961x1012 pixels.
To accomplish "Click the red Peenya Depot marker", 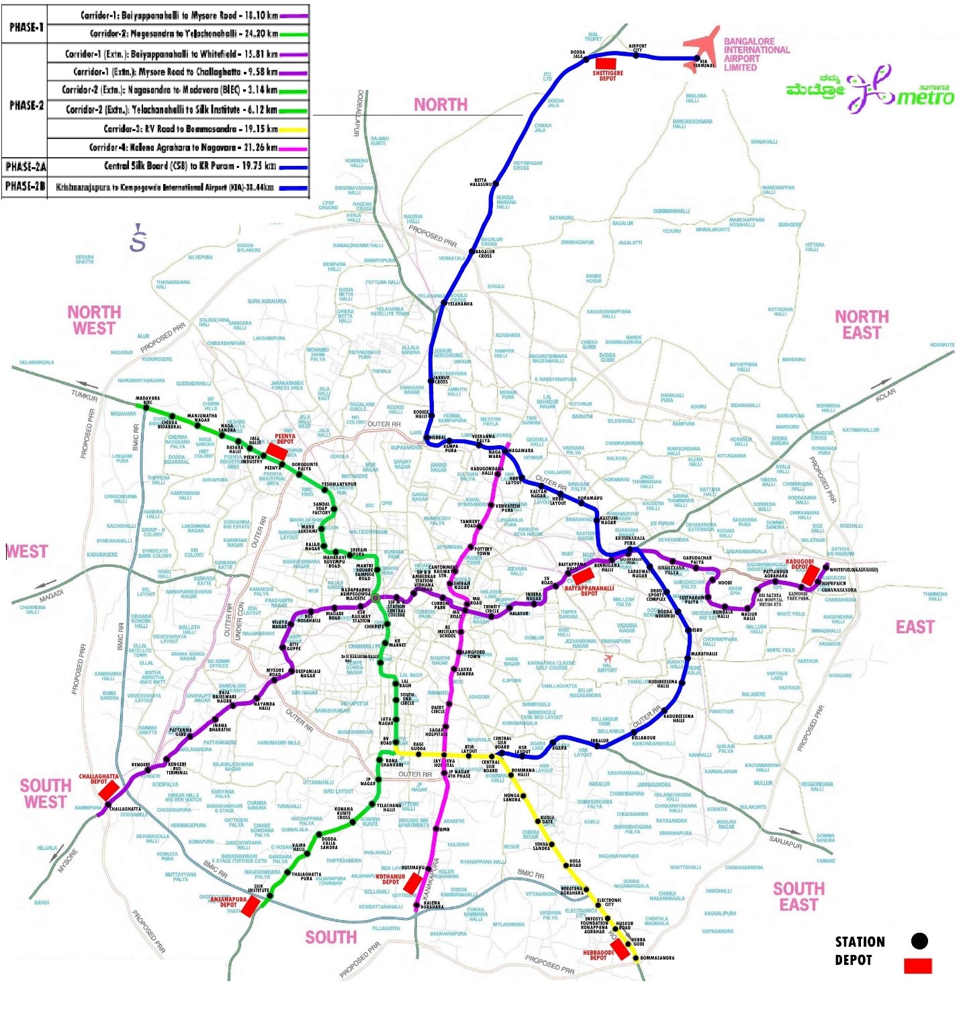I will point(277,451).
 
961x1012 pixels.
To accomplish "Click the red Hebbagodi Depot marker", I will point(620,948).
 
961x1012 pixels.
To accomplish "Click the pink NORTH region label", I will point(441,105).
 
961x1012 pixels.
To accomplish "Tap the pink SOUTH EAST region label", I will point(798,896).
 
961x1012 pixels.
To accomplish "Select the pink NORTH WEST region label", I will point(94,320).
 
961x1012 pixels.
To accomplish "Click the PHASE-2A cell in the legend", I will point(25,167).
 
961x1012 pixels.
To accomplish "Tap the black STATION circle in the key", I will point(919,941).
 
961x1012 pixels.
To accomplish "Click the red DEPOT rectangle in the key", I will point(917,966).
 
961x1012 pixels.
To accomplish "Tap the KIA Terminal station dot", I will point(696,59).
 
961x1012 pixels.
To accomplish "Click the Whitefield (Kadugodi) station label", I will point(853,569).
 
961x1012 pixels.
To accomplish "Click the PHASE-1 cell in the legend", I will point(25,28).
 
